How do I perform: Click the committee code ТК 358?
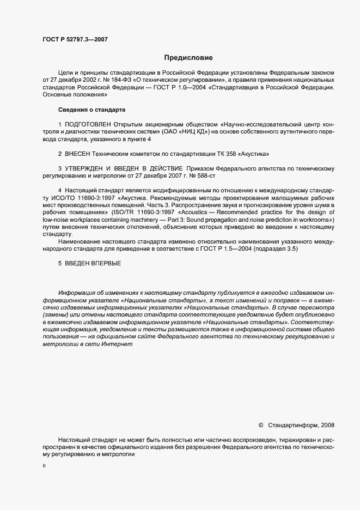click(x=219, y=154)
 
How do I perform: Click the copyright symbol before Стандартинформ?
click(x=260, y=425)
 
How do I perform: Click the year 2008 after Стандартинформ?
click(x=328, y=425)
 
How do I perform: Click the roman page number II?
click(x=44, y=467)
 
